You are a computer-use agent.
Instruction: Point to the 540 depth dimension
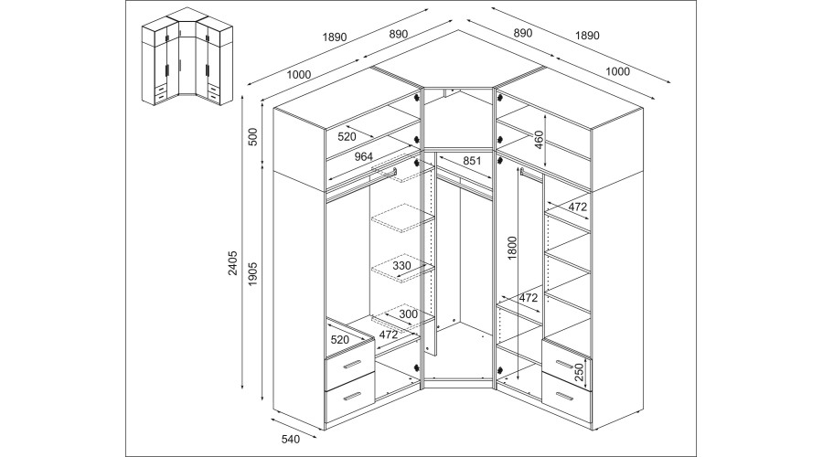pyautogui.click(x=291, y=440)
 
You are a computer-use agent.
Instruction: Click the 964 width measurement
pyautogui.click(x=363, y=156)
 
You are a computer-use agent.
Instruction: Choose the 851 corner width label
pyautogui.click(x=473, y=161)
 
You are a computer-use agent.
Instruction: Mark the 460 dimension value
pyautogui.click(x=539, y=139)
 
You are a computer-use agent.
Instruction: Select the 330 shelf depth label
pyautogui.click(x=401, y=266)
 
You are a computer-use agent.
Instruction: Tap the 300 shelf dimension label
pyautogui.click(x=408, y=314)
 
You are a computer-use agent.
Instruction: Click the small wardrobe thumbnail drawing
pyautogui.click(x=184, y=62)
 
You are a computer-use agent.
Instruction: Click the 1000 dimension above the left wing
pyautogui.click(x=298, y=75)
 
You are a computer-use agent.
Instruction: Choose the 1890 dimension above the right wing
pyautogui.click(x=586, y=36)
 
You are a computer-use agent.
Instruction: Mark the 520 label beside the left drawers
pyautogui.click(x=339, y=339)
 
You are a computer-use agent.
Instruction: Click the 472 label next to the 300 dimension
pyautogui.click(x=389, y=334)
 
